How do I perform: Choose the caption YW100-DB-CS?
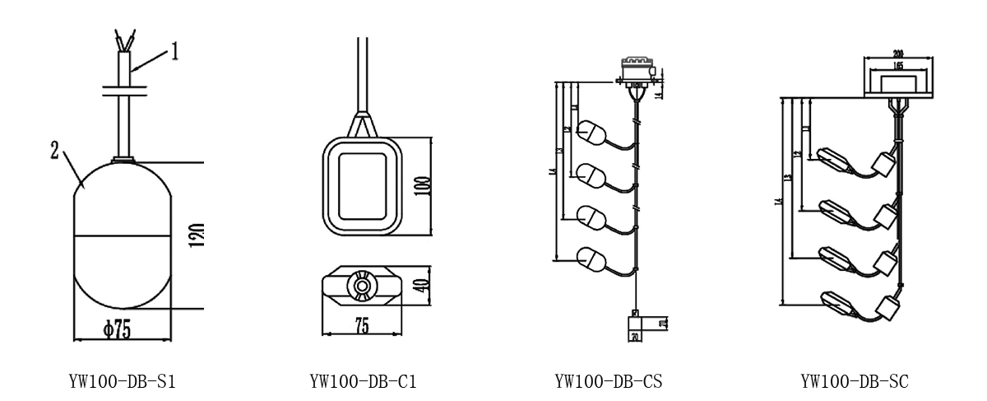[x=609, y=381]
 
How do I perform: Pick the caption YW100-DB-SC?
[x=855, y=381]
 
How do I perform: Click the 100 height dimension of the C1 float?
[x=421, y=183]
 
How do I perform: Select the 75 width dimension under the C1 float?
[x=362, y=324]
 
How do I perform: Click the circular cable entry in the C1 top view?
[x=361, y=285]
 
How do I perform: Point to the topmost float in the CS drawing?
[x=593, y=132]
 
